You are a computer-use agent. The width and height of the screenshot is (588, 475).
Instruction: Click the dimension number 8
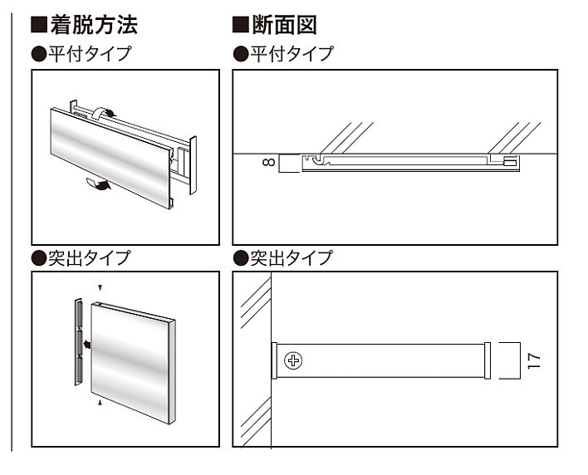coord(267,163)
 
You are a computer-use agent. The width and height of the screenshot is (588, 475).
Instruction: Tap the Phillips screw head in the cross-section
coord(293,360)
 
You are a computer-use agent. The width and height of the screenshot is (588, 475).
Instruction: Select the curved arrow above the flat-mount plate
coord(105,113)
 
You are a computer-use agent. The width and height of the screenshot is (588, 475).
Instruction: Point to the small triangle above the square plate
coord(100,287)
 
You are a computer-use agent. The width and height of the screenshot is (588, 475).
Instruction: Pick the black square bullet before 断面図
coord(241,26)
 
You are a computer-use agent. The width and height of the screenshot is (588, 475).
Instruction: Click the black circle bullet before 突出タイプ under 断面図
coord(242,258)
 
